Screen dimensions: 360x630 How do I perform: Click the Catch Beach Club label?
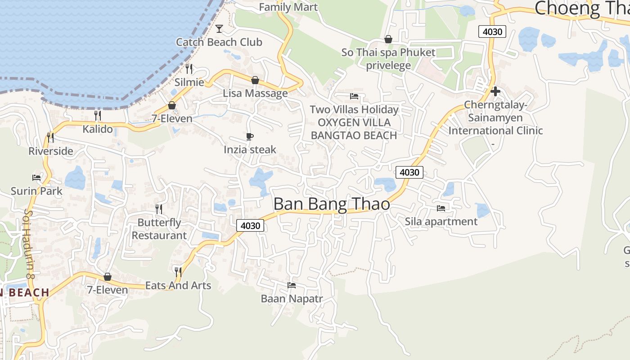(x=219, y=42)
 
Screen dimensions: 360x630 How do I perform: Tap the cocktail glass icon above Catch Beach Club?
(x=219, y=29)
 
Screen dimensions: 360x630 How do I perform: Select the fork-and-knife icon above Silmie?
(x=189, y=68)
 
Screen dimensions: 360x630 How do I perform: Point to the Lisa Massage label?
(x=255, y=94)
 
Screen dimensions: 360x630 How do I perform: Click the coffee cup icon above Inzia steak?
(x=250, y=136)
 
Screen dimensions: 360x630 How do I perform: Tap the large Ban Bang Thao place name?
(x=332, y=204)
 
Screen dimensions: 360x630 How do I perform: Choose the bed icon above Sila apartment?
(x=441, y=208)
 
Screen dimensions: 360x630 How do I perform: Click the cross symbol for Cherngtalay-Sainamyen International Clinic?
(x=495, y=91)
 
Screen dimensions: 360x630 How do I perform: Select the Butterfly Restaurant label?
(x=159, y=229)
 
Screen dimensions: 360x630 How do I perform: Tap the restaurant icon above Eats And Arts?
(x=178, y=272)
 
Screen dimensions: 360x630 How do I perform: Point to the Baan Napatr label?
(x=292, y=299)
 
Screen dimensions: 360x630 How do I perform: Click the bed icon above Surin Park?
(x=36, y=178)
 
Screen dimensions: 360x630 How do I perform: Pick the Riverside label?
(x=51, y=151)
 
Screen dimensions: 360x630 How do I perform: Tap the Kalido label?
(x=98, y=129)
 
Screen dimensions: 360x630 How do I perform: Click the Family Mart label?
(x=288, y=7)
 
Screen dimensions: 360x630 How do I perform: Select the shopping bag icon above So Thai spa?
(x=388, y=39)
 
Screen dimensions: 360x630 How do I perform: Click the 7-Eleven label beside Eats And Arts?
(x=108, y=290)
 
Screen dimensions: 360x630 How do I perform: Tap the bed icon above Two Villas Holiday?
(x=354, y=96)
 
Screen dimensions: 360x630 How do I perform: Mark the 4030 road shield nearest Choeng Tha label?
(x=492, y=31)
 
